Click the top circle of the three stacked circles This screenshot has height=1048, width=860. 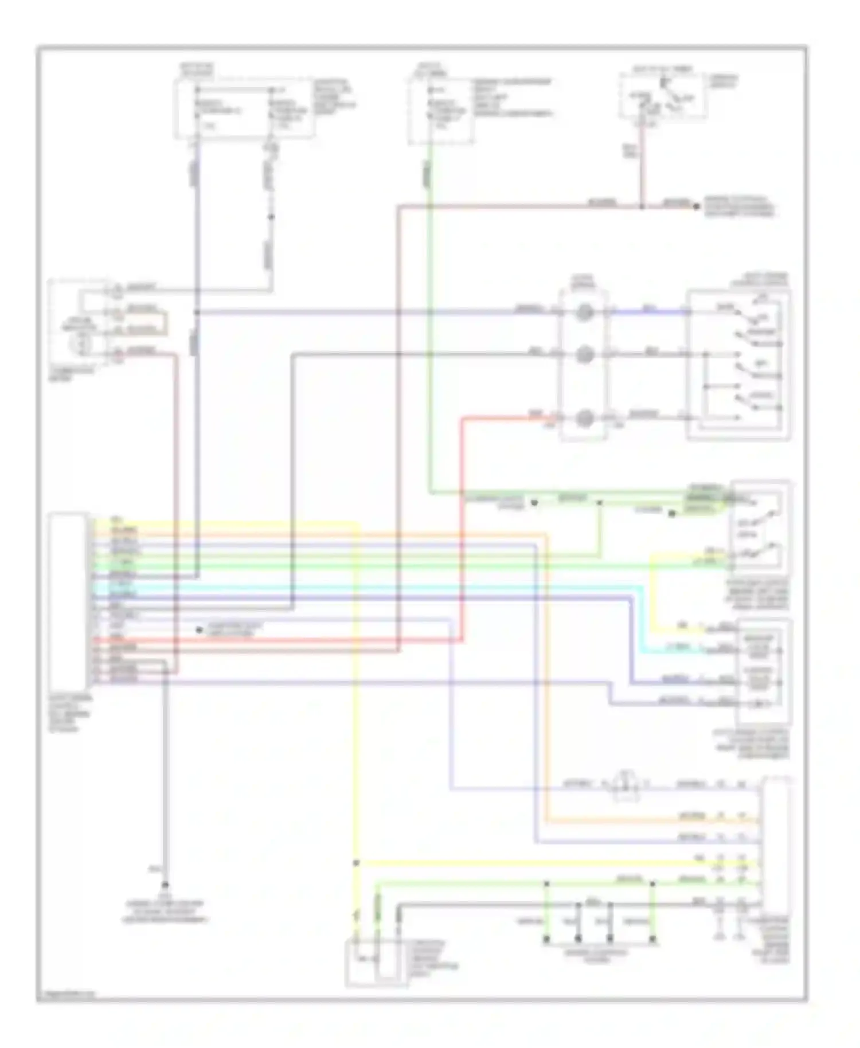pyautogui.click(x=584, y=312)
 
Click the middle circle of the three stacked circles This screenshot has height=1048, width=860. pyautogui.click(x=584, y=355)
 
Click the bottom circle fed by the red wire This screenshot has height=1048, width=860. pyautogui.click(x=584, y=419)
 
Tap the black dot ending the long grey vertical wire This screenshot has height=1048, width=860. pyautogui.click(x=165, y=885)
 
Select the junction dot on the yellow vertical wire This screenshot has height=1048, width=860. pyautogui.click(x=356, y=863)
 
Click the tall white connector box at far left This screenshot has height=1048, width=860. pyautogui.click(x=68, y=599)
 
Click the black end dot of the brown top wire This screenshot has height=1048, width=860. pyautogui.click(x=697, y=206)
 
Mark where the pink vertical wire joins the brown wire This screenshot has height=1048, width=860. pyautogui.click(x=642, y=206)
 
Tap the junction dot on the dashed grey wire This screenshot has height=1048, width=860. pyautogui.click(x=271, y=217)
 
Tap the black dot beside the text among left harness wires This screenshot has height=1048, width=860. pyautogui.click(x=199, y=630)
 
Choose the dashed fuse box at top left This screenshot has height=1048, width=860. pyautogui.click(x=245, y=109)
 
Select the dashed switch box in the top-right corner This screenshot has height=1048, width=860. pyautogui.click(x=662, y=96)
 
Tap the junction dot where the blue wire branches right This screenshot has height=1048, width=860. pyautogui.click(x=197, y=312)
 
